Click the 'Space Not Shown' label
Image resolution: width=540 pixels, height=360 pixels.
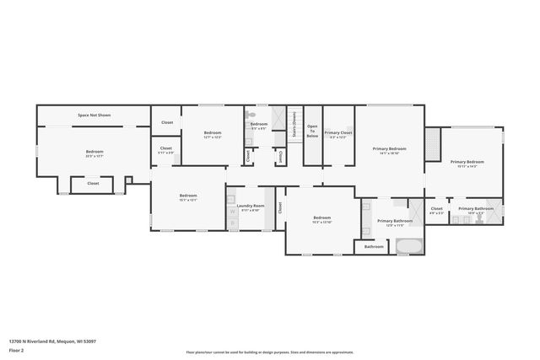(94, 115)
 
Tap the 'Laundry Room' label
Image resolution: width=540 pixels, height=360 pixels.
(250, 206)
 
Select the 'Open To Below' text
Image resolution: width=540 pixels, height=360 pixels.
(312, 132)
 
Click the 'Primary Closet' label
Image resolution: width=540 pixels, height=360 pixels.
(338, 132)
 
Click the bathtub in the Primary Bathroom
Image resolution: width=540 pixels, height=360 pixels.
(410, 246)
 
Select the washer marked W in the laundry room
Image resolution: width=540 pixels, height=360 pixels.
(233, 212)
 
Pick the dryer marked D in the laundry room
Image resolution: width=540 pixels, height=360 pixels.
(233, 224)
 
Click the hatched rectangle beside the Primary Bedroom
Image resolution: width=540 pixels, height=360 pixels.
(433, 144)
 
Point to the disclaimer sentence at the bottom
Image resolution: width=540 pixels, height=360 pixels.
(269, 352)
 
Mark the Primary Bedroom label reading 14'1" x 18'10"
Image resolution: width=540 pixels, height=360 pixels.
(389, 149)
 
